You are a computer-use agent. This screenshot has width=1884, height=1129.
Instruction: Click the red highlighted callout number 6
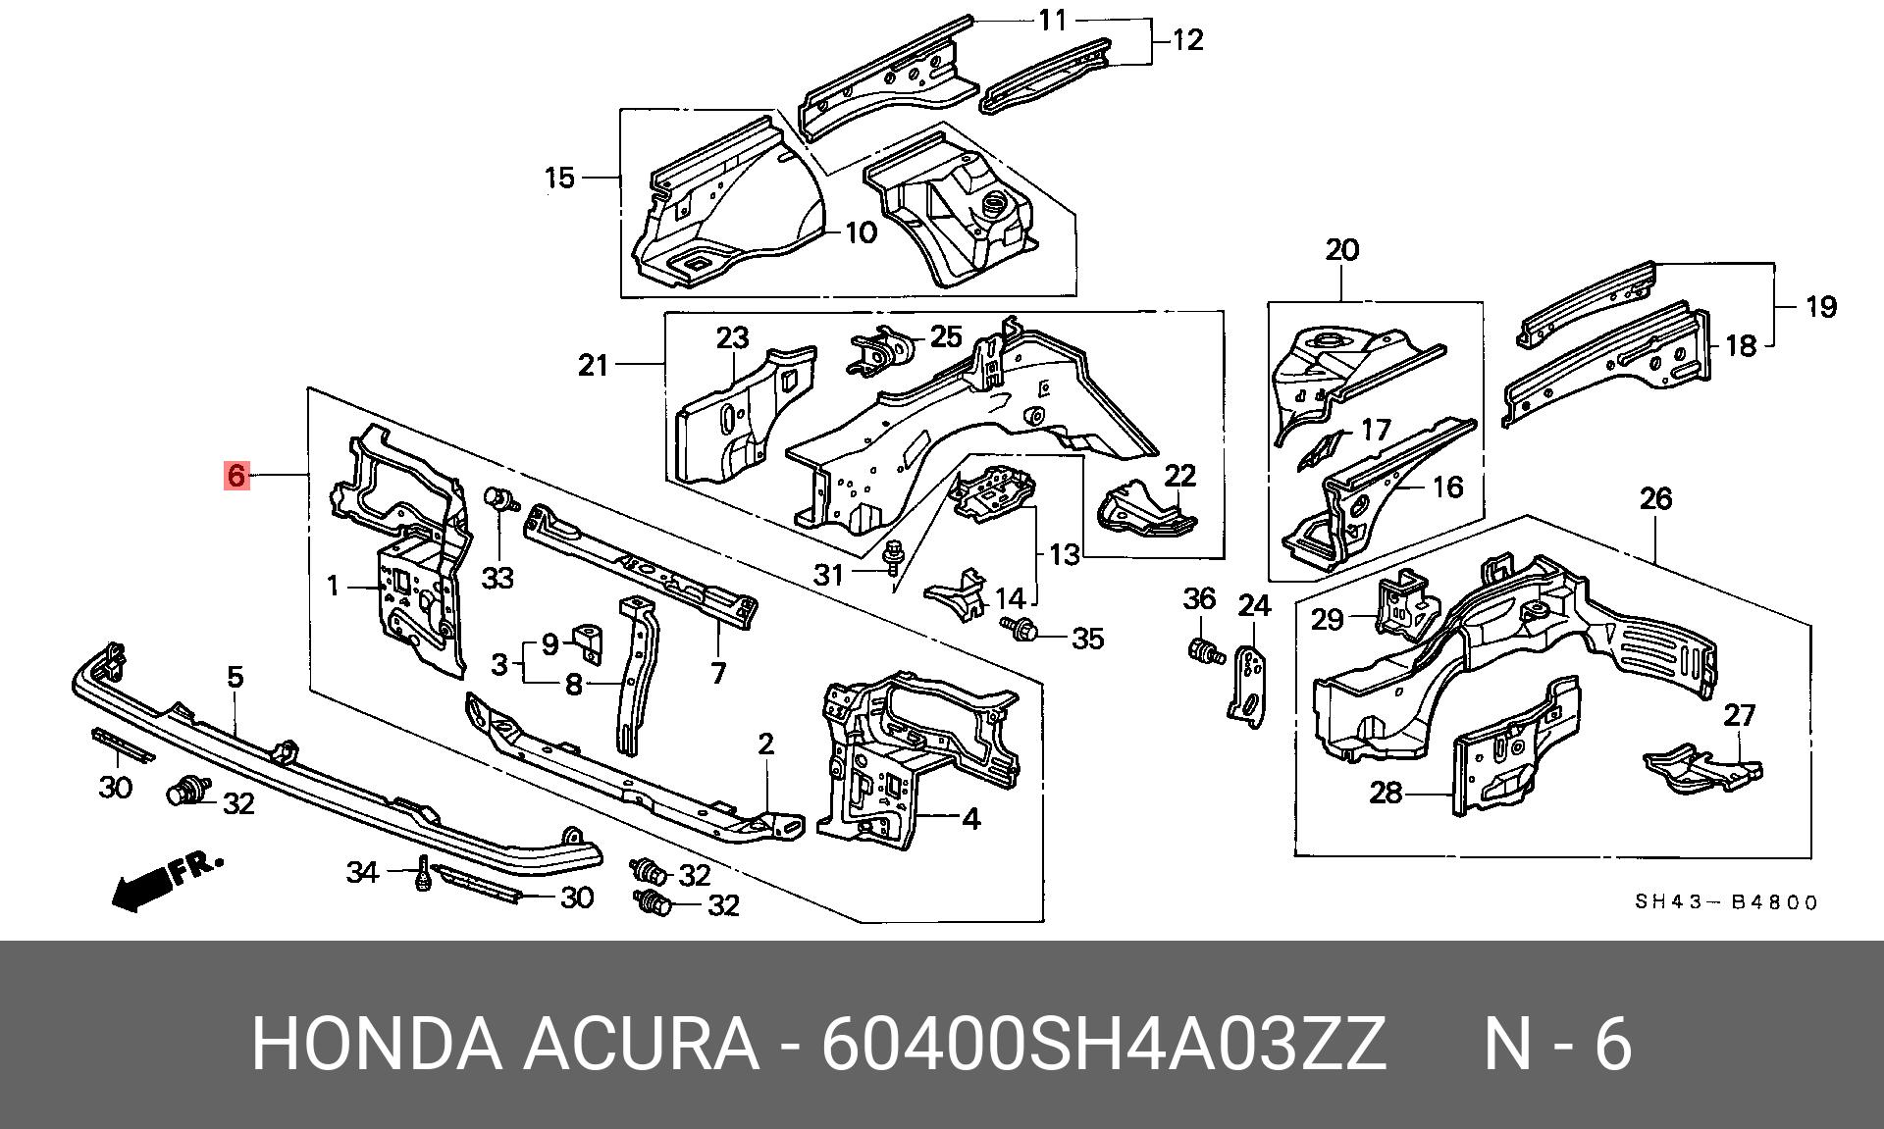coord(235,475)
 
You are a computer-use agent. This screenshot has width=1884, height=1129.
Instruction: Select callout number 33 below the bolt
coord(497,578)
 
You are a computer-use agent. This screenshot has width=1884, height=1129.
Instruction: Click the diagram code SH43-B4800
coord(1726,902)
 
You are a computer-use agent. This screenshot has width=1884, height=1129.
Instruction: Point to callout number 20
coord(1341,250)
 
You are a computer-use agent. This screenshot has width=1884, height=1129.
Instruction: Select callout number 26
coord(1655,499)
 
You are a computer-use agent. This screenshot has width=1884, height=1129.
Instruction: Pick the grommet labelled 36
coord(1203,650)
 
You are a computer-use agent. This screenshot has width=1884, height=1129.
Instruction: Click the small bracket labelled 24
coord(1248,683)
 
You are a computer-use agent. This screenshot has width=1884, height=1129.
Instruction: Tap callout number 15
coord(559,179)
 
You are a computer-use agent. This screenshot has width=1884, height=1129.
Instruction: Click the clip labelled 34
coord(423,873)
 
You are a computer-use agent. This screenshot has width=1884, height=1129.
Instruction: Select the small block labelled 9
coord(589,638)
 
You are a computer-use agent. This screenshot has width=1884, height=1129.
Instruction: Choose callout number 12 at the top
coord(1187,40)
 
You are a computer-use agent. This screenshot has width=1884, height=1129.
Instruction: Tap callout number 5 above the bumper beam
coord(235,677)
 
